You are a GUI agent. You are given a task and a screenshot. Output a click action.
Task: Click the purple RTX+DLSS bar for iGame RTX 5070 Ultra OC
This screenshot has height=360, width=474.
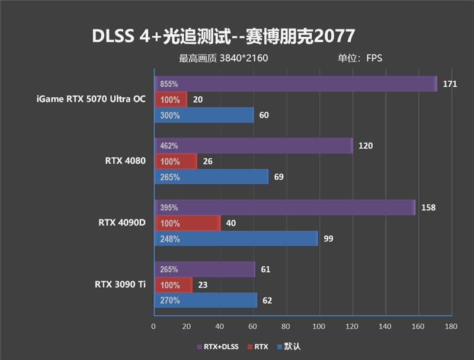tap(296, 84)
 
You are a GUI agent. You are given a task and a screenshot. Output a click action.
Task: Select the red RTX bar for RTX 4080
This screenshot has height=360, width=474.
tap(175, 161)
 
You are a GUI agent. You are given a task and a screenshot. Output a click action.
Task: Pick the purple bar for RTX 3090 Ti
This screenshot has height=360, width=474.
tap(204, 270)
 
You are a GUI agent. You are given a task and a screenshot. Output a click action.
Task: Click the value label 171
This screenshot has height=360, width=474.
tap(450, 84)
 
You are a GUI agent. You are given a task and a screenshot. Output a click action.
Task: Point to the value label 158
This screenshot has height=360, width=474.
tap(428, 208)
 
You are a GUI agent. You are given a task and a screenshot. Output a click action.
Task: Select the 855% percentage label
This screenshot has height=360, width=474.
tap(169, 84)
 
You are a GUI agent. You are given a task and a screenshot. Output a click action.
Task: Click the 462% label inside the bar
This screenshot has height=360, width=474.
tap(169, 146)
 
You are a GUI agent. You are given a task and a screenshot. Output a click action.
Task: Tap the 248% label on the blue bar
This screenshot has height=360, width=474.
tap(169, 239)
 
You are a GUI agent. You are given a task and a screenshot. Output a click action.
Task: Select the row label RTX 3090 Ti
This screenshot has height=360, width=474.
tap(120, 284)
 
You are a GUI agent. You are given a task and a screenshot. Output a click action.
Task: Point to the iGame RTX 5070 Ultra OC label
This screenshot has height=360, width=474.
tap(91, 99)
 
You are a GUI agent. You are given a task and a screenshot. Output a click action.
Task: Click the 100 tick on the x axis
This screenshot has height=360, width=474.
tap(319, 326)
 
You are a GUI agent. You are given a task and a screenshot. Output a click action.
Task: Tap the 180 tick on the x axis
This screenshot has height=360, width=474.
tap(451, 326)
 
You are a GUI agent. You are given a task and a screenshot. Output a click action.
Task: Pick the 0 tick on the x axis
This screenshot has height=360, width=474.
tap(154, 326)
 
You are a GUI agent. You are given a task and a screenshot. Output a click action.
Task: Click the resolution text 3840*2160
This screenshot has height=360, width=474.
tap(244, 58)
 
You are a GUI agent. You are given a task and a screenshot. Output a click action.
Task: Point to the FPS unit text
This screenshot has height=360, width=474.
tap(374, 58)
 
